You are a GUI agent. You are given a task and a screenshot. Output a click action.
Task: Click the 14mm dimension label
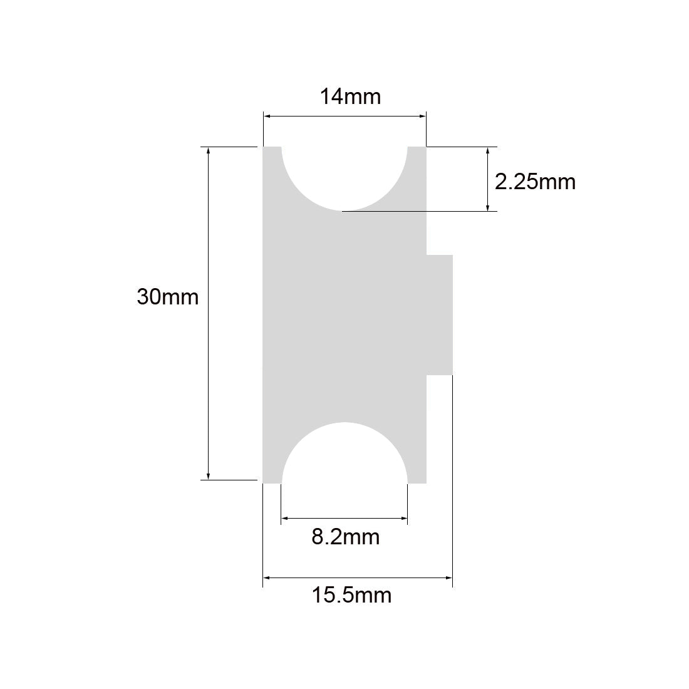pos(350,97)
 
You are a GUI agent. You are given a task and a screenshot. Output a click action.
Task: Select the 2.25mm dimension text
pos(534,182)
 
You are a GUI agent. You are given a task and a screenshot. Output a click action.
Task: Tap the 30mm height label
pos(167,296)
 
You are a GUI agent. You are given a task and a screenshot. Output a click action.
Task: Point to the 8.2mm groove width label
pos(345,537)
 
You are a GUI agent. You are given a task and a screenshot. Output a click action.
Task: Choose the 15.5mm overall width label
pos(351,594)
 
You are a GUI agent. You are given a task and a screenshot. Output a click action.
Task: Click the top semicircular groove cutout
pos(344,175)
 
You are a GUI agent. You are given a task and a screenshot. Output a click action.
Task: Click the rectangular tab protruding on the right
pos(439,314)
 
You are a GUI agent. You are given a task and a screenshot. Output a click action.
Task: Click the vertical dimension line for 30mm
pos(208,313)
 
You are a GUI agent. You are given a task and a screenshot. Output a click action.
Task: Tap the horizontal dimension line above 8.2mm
pos(344,518)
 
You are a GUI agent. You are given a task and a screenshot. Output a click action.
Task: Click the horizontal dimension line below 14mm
pos(344,116)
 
